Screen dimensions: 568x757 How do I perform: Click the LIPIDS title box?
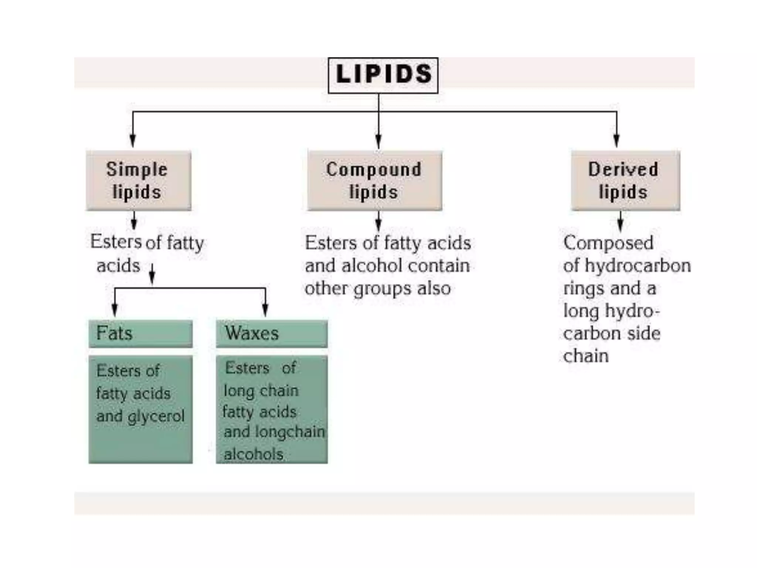tap(383, 75)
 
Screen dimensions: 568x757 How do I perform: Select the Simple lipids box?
tap(139, 180)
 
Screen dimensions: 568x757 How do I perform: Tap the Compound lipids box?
tap(374, 180)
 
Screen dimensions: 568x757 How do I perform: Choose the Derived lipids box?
tap(625, 180)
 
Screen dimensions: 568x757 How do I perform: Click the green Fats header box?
tap(140, 333)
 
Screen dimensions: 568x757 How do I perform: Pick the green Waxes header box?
tap(272, 333)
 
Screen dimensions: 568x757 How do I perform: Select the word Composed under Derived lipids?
tap(608, 243)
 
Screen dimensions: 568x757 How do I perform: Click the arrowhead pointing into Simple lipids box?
tap(133, 142)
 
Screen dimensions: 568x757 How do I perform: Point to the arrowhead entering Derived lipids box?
tap(616, 142)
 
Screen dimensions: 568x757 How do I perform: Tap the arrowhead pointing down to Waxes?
tap(265, 310)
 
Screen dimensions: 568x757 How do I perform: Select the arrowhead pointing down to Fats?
tap(115, 310)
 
